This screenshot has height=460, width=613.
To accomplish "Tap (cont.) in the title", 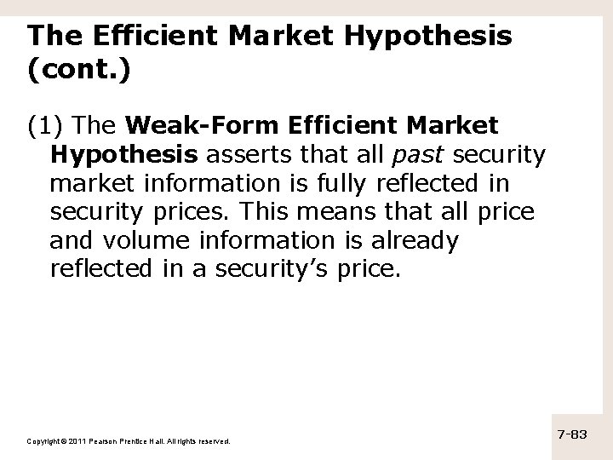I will pos(78,72).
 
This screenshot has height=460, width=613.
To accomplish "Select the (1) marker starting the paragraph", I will pos(46,127).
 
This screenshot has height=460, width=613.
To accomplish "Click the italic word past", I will pos(416,156).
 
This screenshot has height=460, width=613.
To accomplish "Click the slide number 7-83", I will pos(575,434).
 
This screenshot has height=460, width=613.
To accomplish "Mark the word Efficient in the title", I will pos(131,37).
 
